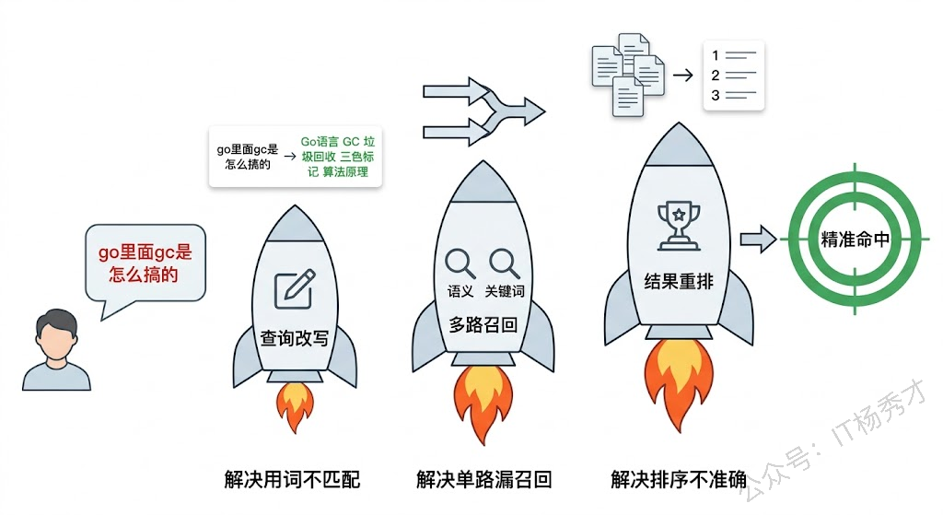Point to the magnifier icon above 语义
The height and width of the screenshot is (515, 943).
pyautogui.click(x=460, y=263)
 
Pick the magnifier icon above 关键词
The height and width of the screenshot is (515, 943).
pyautogui.click(x=505, y=263)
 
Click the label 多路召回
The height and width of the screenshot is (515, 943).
pyautogui.click(x=482, y=323)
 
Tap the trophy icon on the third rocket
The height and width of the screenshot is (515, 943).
pyautogui.click(x=678, y=225)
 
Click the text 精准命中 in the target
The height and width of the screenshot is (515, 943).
pyautogui.click(x=856, y=239)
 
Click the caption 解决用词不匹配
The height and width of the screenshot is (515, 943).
pyautogui.click(x=292, y=479)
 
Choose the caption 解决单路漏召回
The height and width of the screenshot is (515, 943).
pyautogui.click(x=483, y=479)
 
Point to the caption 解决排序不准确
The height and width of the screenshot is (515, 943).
pyautogui.click(x=679, y=479)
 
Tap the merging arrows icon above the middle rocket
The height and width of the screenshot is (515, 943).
pyautogui.click(x=483, y=111)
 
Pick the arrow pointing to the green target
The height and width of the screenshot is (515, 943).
pyautogui.click(x=758, y=239)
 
